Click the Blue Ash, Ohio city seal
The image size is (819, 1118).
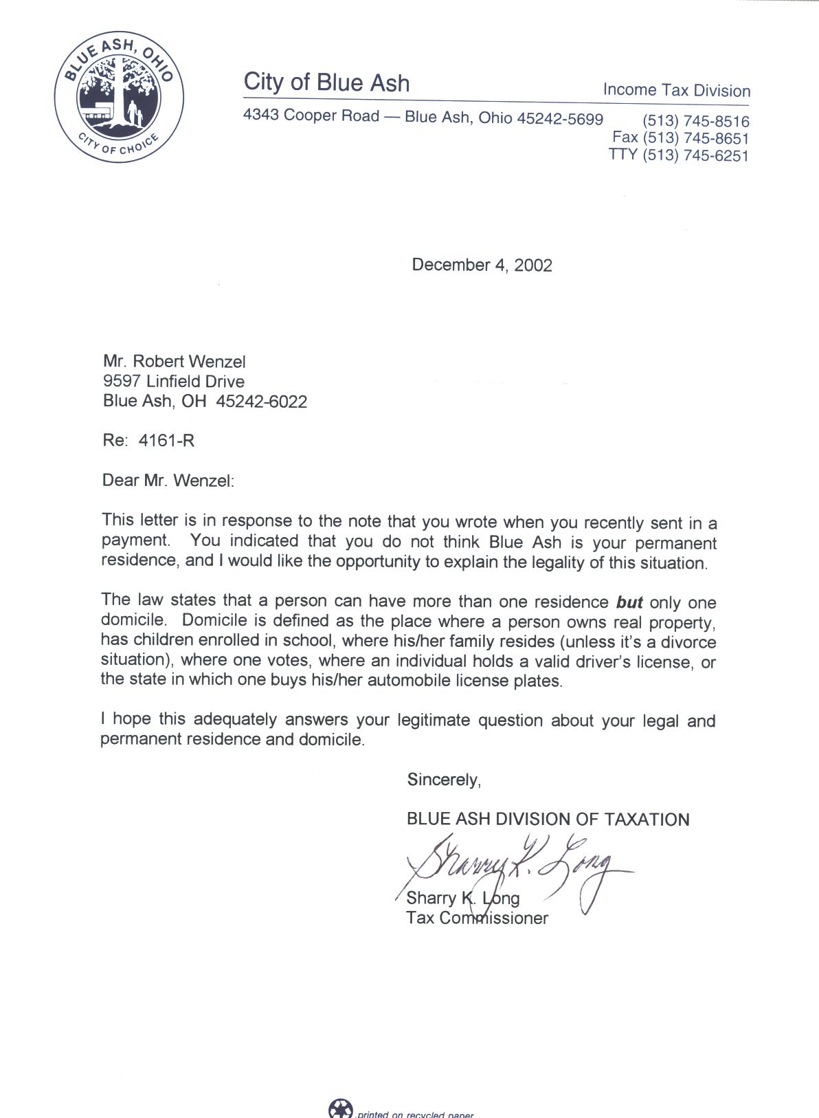[119, 99]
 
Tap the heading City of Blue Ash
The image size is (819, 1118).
[326, 83]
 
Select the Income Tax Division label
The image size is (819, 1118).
[676, 91]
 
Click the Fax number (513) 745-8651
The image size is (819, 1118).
[680, 138]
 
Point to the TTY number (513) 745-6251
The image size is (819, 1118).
[678, 155]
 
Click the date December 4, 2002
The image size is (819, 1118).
[482, 265]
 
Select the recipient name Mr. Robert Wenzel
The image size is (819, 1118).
[174, 362]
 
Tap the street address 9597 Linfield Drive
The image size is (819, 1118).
[173, 382]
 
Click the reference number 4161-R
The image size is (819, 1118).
[166, 441]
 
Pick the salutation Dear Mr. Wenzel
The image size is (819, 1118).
[168, 480]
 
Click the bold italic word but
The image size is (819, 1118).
[629, 603]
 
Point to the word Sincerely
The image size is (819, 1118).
[443, 780]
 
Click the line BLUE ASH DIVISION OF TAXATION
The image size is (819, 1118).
[548, 820]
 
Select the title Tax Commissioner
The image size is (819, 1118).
[477, 918]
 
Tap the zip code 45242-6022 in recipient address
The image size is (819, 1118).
[261, 402]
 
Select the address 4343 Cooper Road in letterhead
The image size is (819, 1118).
[311, 116]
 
